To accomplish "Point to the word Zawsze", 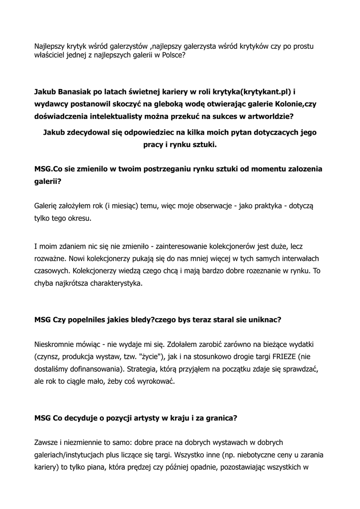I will (x=47, y=442).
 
